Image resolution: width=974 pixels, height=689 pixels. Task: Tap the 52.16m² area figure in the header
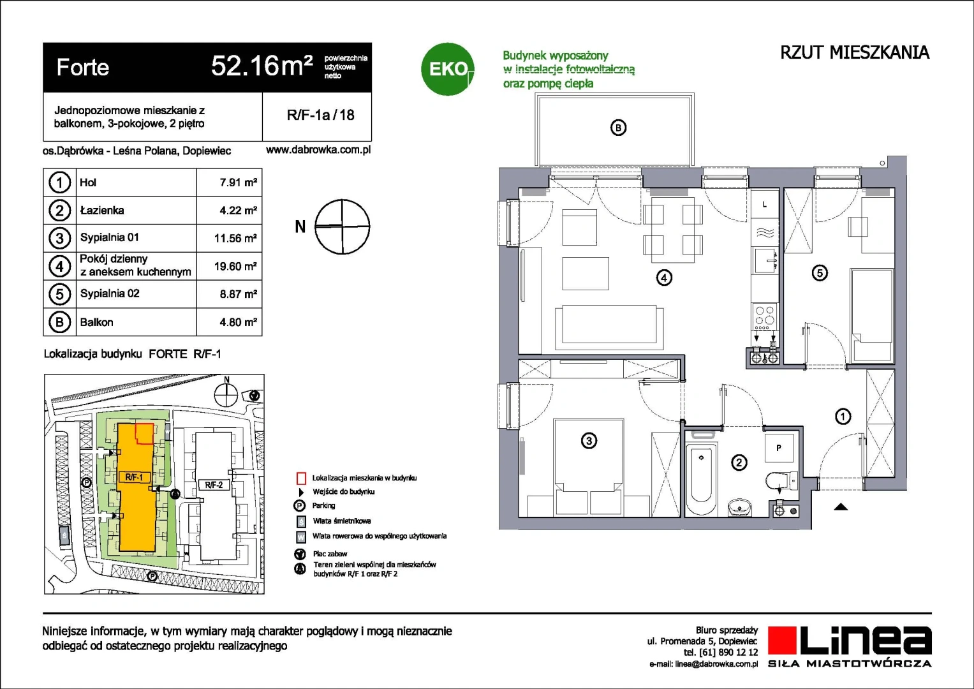262,66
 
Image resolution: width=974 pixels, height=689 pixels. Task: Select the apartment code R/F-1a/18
320,115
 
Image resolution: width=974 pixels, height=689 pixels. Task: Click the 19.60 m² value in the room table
235,266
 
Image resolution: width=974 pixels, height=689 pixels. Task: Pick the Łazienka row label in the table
102,211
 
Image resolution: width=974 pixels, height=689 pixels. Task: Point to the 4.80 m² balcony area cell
238,322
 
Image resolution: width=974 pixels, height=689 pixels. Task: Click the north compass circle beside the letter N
343,226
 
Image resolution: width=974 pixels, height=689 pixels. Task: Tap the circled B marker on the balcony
618,128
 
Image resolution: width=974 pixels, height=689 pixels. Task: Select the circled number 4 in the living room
664,278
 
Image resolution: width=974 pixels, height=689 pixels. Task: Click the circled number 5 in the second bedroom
820,273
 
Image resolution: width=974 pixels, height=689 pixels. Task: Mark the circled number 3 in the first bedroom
589,440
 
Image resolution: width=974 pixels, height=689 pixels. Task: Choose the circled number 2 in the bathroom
739,463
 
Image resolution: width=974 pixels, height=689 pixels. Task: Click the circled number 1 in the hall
843,417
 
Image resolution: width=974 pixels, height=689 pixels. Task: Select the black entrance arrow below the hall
841,507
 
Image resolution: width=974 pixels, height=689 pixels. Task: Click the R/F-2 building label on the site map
214,485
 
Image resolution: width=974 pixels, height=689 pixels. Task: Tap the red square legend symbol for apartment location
301,478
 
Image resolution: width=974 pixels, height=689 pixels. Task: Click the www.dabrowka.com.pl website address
318,150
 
